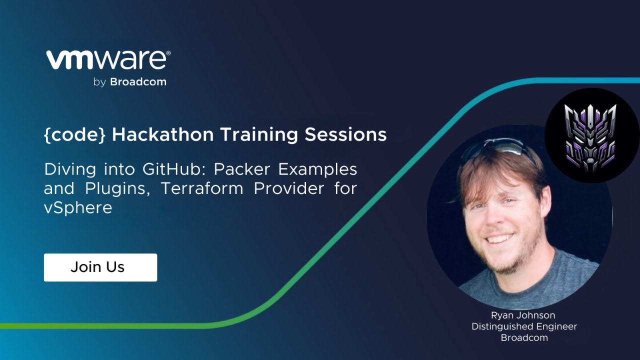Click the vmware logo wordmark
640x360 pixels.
106,60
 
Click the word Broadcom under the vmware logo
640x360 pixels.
138,82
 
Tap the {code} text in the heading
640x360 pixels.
75,134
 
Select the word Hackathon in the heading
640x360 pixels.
163,134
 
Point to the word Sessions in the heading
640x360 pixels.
345,134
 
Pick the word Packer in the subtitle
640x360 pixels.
241,169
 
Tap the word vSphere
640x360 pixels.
78,207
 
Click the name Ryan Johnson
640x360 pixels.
523,315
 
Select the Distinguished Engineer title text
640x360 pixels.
524,326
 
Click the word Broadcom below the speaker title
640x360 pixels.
524,337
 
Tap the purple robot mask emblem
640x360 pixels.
590,138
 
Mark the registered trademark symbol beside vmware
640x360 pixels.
168,53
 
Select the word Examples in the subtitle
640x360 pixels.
317,169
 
